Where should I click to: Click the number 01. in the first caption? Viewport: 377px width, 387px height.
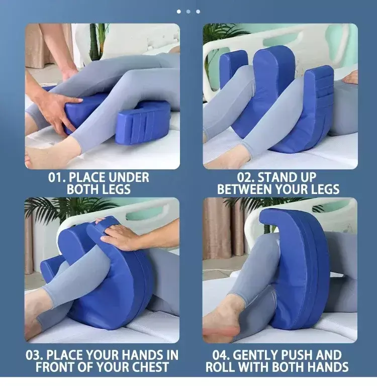56,177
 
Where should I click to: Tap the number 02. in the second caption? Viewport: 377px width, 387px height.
246,177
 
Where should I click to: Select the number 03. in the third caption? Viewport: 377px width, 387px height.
35,355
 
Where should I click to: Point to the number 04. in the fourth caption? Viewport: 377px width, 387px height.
221,355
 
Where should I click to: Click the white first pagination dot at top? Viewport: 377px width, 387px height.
179,12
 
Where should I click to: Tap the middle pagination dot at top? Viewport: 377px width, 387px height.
189,12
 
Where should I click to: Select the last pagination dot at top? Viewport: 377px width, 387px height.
198,12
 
